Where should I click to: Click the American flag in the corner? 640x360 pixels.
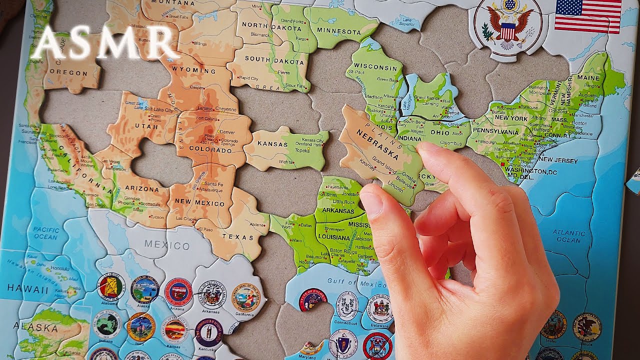pos(587,16)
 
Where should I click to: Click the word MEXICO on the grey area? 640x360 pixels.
pos(167,245)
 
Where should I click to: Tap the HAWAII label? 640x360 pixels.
pos(28,288)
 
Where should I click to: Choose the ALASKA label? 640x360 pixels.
pos(36,327)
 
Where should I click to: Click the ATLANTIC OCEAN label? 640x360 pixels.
pos(569,236)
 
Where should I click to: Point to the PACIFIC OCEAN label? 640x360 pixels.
pos(46,233)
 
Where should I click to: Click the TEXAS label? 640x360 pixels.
pos(238,237)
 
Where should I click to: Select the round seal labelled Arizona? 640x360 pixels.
pos(178,292)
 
